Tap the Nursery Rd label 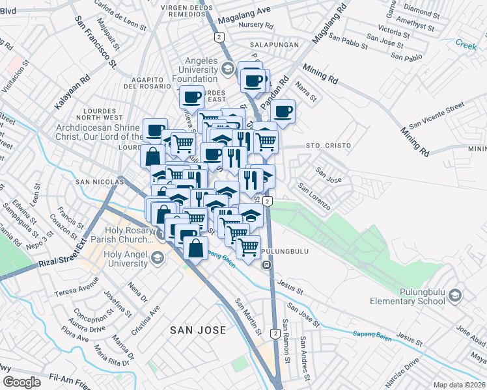[256, 25]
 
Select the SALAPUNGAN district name [275, 45]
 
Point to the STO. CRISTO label [328, 146]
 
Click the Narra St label [305, 91]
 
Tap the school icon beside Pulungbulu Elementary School [455, 296]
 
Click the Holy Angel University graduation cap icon [157, 259]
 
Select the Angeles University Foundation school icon [227, 68]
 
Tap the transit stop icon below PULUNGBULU [267, 265]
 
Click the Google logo [21, 382]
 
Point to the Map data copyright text [459, 385]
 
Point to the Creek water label [466, 44]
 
